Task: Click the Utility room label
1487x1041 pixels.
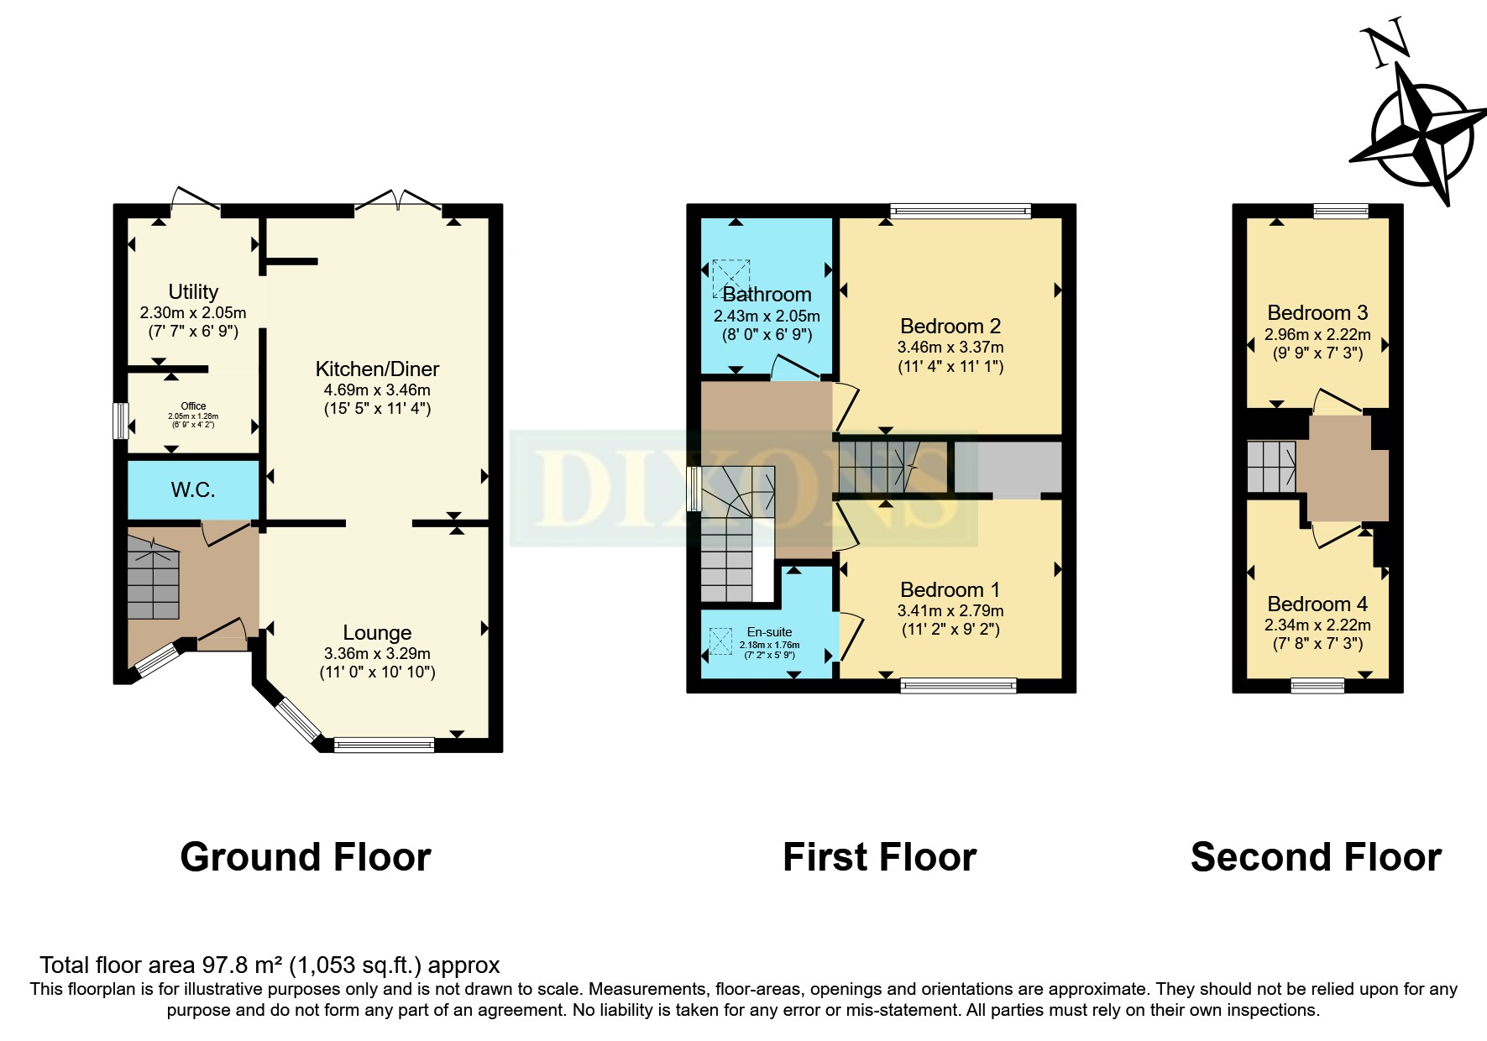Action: tap(193, 292)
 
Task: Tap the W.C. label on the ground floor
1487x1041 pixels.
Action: tap(193, 489)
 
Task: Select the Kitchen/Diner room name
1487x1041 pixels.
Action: tap(377, 369)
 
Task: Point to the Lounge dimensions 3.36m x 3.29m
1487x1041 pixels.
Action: tap(377, 653)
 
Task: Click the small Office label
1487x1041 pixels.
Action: tap(193, 406)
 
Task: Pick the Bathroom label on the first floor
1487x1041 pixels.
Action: tap(767, 295)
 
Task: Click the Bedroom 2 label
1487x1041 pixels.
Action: tap(950, 326)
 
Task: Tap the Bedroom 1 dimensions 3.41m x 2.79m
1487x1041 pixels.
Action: tap(950, 610)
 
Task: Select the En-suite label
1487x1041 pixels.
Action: tap(769, 632)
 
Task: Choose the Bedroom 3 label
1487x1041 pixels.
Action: tap(1317, 312)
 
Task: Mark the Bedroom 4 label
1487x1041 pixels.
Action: tap(1317, 604)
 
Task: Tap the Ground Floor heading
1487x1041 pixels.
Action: tap(306, 857)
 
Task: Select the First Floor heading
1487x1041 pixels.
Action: tap(879, 857)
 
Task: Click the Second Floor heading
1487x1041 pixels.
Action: tap(1316, 857)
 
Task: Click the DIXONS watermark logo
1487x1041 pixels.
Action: tap(743, 488)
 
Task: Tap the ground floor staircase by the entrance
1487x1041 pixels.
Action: tap(153, 575)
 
